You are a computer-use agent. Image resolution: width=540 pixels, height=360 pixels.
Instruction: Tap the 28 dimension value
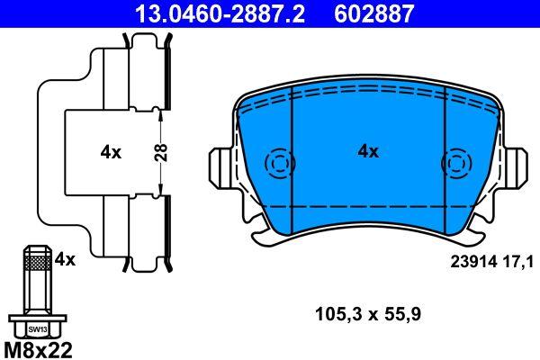pos(159,152)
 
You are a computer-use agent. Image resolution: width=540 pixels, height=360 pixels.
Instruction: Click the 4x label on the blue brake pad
pos(368,152)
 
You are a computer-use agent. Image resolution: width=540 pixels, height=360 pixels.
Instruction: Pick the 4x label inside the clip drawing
pos(110,153)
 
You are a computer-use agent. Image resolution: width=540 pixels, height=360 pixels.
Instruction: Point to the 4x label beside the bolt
pos(65,259)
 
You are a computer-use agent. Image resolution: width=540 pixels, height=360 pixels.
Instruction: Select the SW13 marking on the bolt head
pos(36,329)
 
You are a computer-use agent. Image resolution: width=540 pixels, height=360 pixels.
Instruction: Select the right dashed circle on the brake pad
pos(455,165)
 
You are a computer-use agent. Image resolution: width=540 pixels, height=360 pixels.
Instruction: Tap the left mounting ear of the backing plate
pos(220,165)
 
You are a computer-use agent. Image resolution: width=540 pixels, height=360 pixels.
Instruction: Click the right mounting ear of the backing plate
pos(517,165)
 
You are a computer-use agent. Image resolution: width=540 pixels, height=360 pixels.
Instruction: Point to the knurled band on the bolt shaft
pos(36,264)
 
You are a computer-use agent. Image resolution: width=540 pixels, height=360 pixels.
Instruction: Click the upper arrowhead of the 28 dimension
pos(159,112)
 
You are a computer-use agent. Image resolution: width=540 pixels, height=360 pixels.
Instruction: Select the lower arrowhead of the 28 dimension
pos(159,190)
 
